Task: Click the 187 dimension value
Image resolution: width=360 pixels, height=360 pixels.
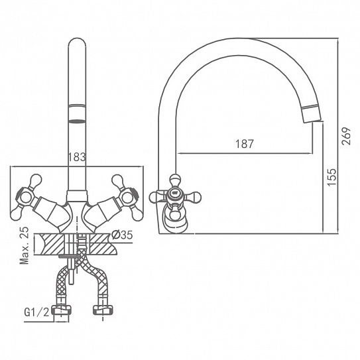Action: point(245,144)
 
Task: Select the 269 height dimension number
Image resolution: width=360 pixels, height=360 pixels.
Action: point(346,136)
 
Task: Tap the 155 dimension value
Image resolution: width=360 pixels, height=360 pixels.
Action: point(331,177)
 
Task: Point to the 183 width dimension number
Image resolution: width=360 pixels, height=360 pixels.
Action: point(77,157)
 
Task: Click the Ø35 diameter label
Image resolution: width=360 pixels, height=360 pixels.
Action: point(122,235)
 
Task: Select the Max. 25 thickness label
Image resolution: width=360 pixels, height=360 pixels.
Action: point(25,245)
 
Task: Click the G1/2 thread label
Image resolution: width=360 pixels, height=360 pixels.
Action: point(36,312)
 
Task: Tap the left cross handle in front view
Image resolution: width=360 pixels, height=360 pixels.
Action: point(26,197)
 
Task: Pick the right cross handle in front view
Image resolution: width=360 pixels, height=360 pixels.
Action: point(127,197)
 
